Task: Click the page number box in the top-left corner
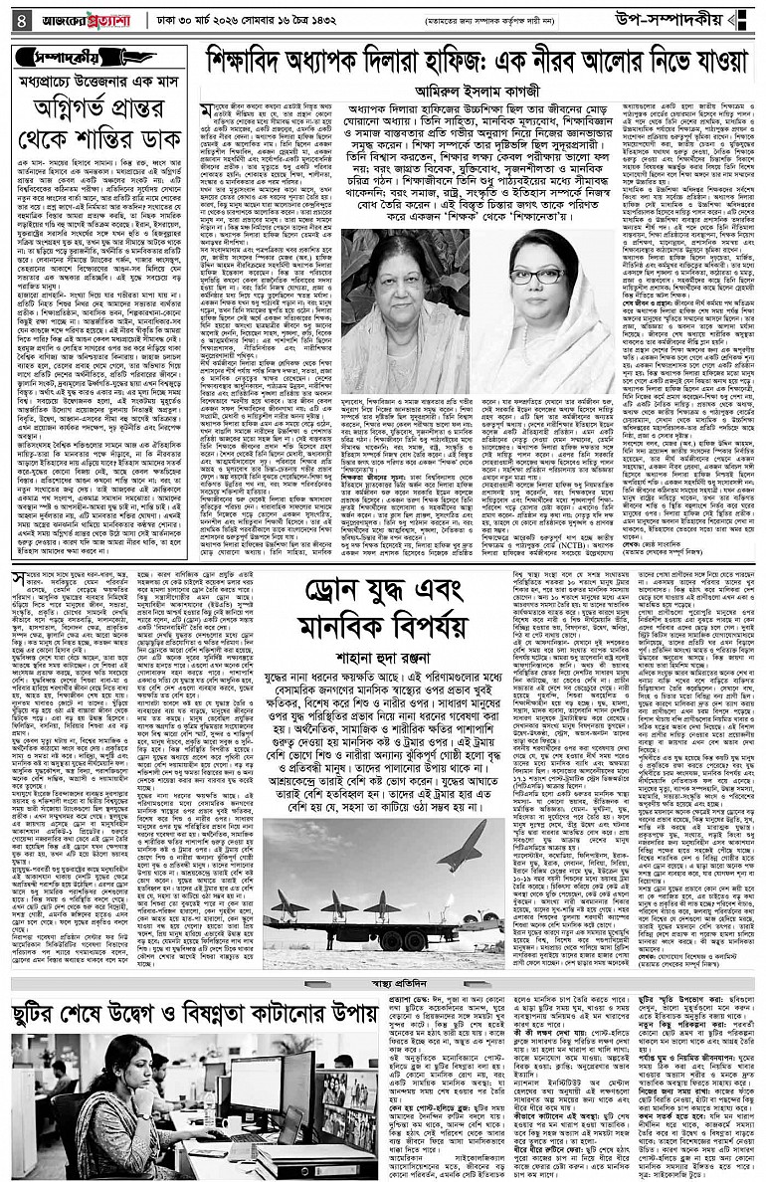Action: pyautogui.click(x=16, y=17)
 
